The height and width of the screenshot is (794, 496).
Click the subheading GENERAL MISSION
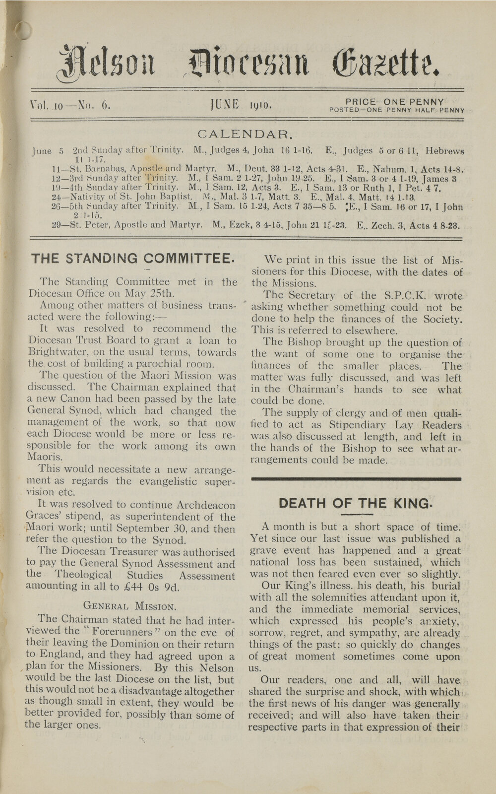click(x=129, y=606)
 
